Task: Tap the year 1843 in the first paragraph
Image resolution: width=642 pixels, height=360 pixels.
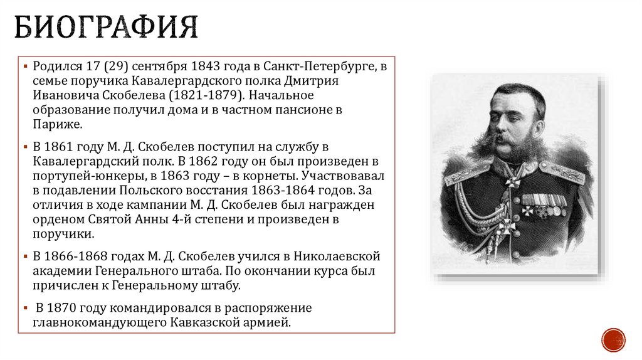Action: click(x=206, y=66)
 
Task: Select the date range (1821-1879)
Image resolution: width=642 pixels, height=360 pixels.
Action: click(x=208, y=96)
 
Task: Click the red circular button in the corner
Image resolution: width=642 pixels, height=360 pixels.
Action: click(x=613, y=339)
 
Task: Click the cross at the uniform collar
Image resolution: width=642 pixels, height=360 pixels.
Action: click(x=513, y=182)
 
